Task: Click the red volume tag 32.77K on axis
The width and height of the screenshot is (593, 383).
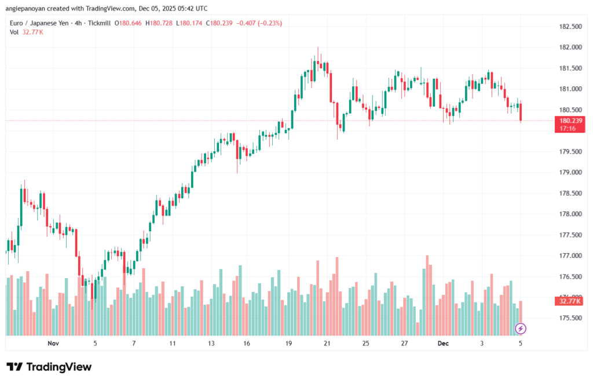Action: pos(567,301)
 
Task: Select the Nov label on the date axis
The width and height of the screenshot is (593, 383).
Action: pos(53,344)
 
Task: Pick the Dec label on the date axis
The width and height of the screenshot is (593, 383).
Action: pos(444,344)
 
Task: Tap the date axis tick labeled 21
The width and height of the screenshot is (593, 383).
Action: pos(327,344)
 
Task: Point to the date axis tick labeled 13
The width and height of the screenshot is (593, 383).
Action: pos(211,344)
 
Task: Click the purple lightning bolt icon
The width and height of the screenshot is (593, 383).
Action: pos(520,329)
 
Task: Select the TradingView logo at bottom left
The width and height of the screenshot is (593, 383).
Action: pos(49,367)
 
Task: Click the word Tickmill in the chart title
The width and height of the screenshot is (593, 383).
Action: pos(97,23)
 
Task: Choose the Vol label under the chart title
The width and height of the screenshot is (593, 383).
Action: pos(14,32)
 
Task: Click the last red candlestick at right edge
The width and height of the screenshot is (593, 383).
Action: pos(521,112)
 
